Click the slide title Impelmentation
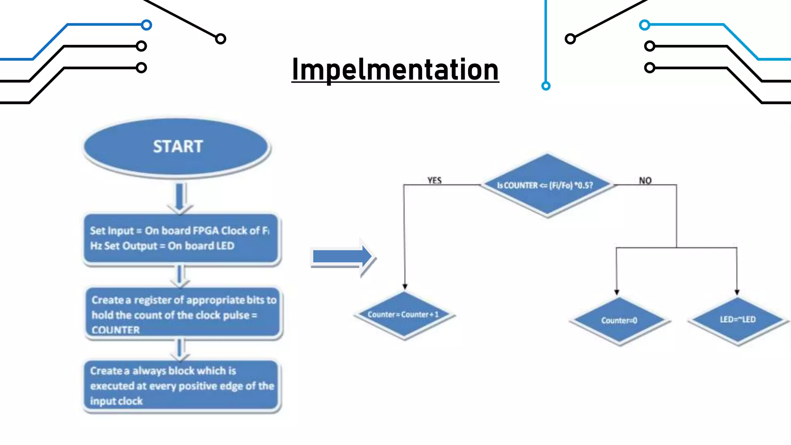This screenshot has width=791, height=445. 395,70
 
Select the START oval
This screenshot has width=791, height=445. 177,147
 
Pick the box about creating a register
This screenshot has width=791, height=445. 183,314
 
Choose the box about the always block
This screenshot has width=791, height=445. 182,386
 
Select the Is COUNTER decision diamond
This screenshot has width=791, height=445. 547,185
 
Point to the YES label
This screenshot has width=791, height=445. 435,180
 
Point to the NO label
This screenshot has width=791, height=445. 645,180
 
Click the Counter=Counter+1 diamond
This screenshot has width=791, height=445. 404,315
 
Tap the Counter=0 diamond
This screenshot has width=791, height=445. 619,321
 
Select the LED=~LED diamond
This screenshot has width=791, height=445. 738,320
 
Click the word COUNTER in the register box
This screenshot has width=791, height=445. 115,330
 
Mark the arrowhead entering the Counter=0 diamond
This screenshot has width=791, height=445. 617,292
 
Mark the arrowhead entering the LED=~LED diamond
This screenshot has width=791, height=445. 737,292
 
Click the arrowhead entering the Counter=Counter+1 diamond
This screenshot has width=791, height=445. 405,287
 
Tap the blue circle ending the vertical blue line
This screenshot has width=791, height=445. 546,86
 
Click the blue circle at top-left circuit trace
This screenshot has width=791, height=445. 146,25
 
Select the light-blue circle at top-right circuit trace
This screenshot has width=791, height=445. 644,25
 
